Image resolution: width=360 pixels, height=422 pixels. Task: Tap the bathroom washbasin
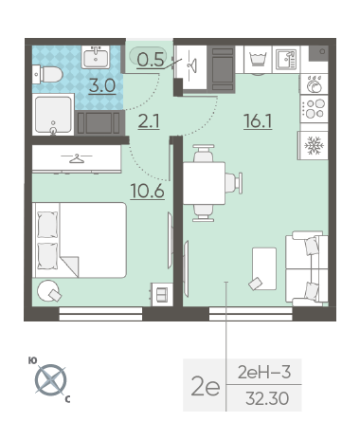tap(96, 57)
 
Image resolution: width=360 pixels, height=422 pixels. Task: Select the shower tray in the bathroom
tap(53, 115)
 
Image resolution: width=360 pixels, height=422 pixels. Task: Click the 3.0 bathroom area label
tap(102, 85)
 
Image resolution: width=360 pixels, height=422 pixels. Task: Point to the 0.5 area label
tap(151, 60)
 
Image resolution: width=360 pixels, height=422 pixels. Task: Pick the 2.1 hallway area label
tap(149, 121)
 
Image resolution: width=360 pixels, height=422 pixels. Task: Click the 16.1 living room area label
tap(258, 121)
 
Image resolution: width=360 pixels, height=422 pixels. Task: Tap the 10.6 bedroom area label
tap(148, 191)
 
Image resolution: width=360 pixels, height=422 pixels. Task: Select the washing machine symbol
tap(258, 60)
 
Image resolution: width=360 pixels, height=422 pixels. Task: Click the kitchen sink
tap(286, 59)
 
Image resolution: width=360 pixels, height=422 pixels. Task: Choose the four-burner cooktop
tap(315, 108)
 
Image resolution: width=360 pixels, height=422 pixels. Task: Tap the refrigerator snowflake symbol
tap(313, 145)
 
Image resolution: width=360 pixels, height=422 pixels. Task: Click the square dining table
tap(204, 183)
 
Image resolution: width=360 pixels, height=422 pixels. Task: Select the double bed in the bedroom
tap(80, 240)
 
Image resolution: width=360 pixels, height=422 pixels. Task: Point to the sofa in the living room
tap(307, 268)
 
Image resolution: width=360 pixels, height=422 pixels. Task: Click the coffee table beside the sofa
tap(264, 268)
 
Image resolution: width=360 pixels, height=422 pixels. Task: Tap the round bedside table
tap(48, 291)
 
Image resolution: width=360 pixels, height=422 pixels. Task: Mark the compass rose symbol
tap(50, 380)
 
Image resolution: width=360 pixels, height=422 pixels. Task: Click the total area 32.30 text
tap(267, 398)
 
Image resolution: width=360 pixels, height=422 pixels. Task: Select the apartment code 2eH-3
tap(264, 372)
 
